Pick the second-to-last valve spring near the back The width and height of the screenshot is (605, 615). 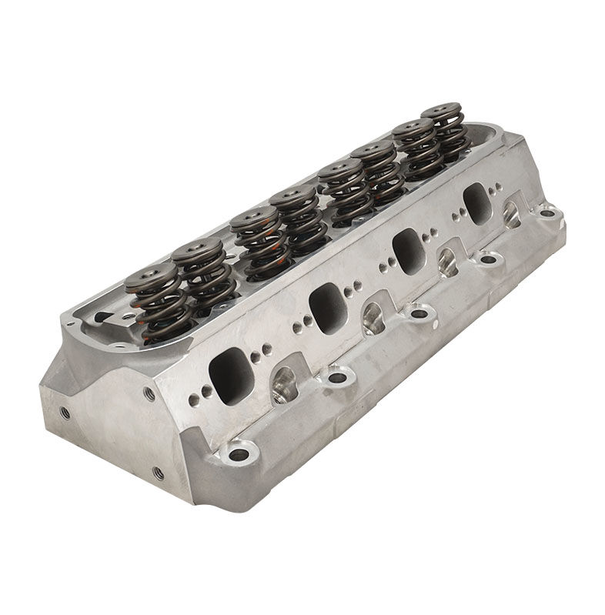(x=417, y=151)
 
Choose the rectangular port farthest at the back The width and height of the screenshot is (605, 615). (x=477, y=203)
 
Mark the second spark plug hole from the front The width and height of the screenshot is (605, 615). (x=373, y=317)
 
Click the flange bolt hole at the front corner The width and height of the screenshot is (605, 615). (x=239, y=454)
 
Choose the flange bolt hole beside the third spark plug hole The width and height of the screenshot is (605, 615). (x=487, y=259)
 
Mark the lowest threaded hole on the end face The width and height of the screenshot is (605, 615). (x=158, y=473)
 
